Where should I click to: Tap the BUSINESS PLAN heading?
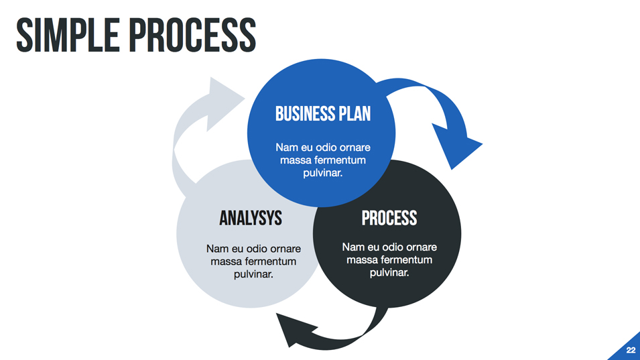coord(322,113)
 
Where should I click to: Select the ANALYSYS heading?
coord(251,218)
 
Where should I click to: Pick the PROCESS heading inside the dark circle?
coord(389,218)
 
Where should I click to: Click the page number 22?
coord(631,350)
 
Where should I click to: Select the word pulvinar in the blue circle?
coord(322,173)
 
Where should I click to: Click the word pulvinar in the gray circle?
coord(253,274)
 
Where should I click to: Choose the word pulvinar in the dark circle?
coord(389,272)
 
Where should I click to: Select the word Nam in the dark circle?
coord(353,247)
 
